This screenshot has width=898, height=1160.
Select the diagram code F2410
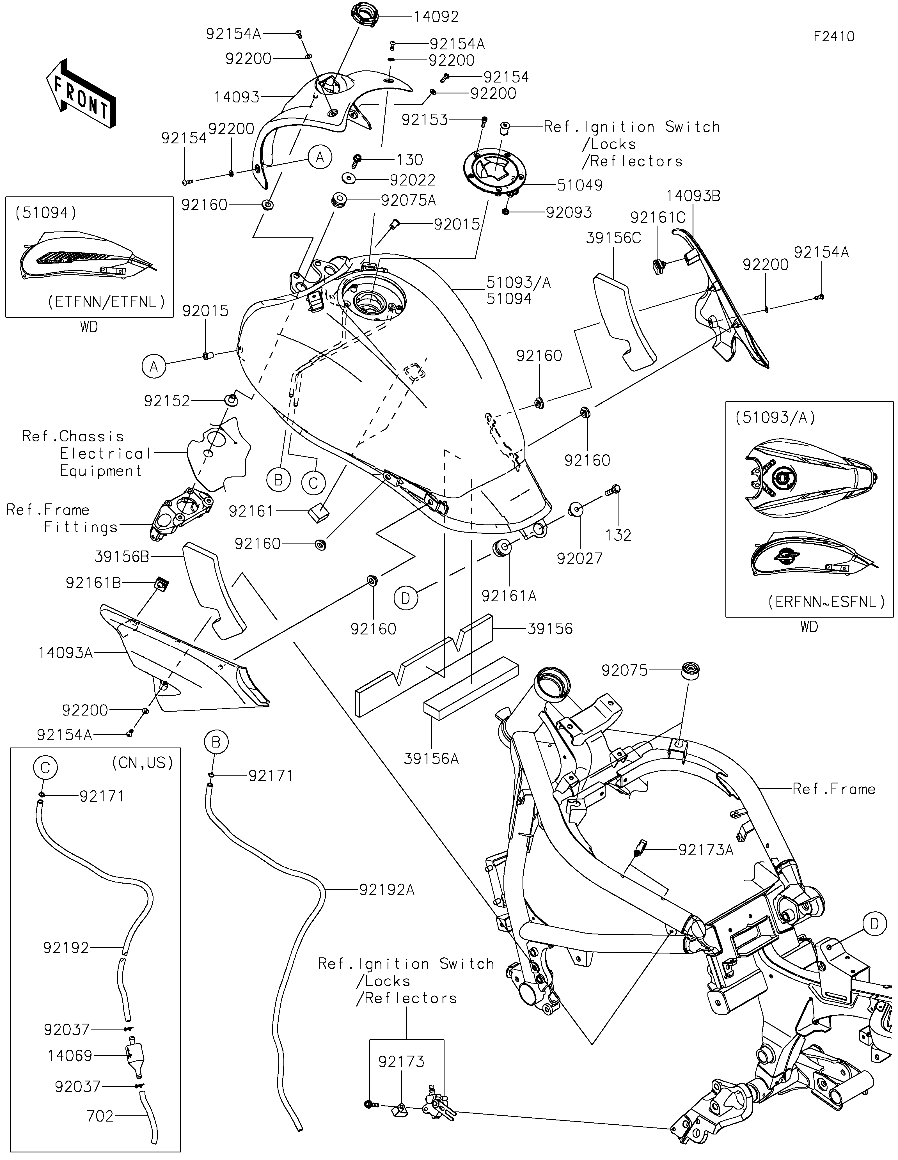point(834,37)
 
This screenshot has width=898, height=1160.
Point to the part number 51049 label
point(579,185)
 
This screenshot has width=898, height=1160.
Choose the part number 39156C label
point(613,238)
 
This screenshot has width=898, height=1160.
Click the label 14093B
point(693,196)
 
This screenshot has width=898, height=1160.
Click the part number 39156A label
point(431,758)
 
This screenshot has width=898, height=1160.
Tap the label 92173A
point(706,850)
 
